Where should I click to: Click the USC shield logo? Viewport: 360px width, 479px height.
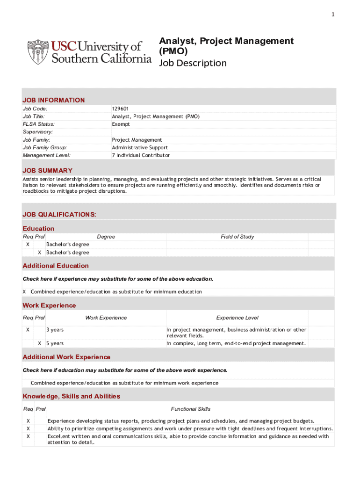pos(37,52)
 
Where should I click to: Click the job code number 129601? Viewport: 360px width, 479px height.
pos(121,109)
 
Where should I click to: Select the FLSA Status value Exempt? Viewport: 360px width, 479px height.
pos(121,124)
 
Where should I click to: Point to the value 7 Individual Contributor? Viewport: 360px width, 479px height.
pos(141,155)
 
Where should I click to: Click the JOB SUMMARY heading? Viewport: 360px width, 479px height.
pos(47,170)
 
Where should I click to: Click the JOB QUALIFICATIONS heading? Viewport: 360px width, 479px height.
pos(59,214)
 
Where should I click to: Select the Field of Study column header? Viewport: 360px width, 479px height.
pos(237,237)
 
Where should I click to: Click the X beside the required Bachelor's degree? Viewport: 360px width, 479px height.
pos(28,245)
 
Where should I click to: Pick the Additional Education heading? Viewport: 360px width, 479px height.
pos(56,266)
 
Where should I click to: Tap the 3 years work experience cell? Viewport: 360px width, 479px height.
pos(55,330)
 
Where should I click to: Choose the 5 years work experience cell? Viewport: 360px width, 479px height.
pos(55,343)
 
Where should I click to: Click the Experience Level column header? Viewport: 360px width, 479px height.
pos(237,318)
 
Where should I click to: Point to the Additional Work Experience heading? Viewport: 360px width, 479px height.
pos(66,357)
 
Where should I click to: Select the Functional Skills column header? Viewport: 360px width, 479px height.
pos(191,409)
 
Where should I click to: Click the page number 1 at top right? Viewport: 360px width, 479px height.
pos(333,15)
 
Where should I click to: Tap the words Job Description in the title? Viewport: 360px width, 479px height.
pos(193,63)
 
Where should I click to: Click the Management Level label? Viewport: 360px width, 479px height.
pos(46,155)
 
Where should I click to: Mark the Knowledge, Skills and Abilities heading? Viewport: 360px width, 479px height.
pos(72,396)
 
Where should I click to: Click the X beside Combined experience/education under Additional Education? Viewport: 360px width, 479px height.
pos(24,292)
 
